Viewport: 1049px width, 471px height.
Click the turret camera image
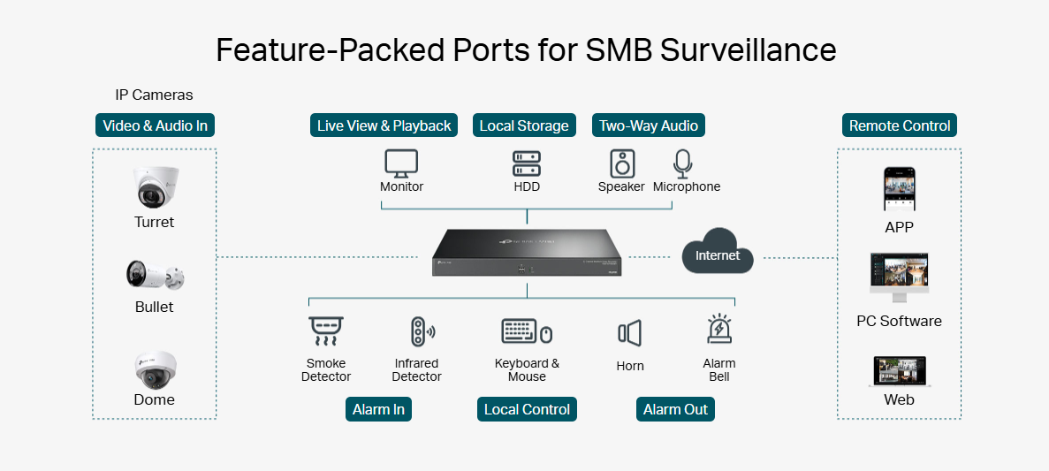click(156, 187)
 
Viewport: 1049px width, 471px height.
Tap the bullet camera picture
click(155, 277)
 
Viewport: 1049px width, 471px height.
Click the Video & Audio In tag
click(155, 125)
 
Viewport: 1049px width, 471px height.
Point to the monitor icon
click(401, 163)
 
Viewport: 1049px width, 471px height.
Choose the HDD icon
click(527, 163)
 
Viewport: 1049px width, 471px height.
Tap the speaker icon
click(622, 163)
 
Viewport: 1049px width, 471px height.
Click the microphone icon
click(682, 163)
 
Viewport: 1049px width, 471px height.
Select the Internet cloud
click(717, 253)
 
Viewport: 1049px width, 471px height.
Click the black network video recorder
click(527, 254)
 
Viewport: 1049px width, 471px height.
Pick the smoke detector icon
click(325, 332)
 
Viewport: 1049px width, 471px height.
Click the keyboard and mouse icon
click(527, 332)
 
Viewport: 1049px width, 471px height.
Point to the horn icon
click(629, 333)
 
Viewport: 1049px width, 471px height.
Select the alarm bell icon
click(719, 330)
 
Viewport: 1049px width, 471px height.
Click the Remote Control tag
click(899, 125)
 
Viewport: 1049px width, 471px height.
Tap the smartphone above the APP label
click(899, 188)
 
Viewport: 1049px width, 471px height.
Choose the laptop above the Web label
click(899, 372)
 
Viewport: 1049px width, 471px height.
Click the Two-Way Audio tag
click(649, 125)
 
